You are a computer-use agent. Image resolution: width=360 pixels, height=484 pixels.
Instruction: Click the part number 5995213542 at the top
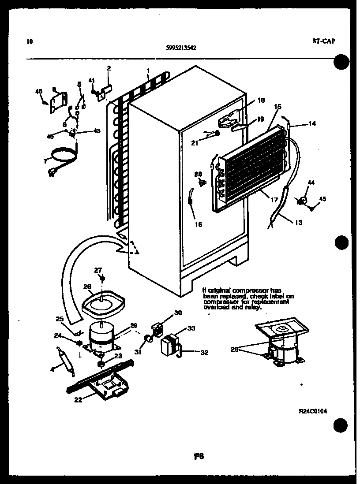pos(179,49)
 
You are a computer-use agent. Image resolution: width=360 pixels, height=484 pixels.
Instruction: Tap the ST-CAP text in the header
pos(324,41)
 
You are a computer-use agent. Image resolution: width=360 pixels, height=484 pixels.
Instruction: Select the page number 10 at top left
pos(29,42)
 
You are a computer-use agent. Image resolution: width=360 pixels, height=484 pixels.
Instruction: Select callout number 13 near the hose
pos(298,223)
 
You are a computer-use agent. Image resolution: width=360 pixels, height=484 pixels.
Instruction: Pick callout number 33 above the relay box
pos(179,328)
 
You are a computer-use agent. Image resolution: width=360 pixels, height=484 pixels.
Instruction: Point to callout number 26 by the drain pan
pos(87,286)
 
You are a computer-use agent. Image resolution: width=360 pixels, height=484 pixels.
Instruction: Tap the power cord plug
pos(53,173)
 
